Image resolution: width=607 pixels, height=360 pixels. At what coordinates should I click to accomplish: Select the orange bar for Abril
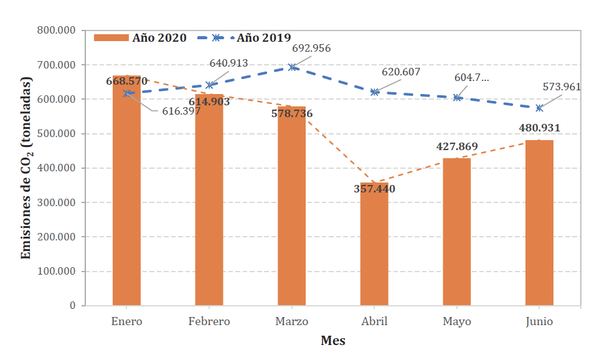pos(374,249)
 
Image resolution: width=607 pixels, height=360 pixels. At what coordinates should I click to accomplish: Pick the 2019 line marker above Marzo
pos(292,67)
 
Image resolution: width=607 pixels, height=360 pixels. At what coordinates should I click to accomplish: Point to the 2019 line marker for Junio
pos(539,108)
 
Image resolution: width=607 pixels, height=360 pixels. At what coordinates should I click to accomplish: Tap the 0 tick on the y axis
pos(72,306)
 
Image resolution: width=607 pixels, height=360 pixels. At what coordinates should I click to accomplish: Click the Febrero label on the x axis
pos(209,321)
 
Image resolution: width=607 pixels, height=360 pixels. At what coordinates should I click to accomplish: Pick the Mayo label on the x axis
pos(457,321)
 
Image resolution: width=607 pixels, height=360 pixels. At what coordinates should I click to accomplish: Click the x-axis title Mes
pos(333,341)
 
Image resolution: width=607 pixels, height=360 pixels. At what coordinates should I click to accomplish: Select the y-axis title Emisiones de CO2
pos(27,168)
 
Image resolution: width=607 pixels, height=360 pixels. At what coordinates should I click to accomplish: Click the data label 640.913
pos(228,63)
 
